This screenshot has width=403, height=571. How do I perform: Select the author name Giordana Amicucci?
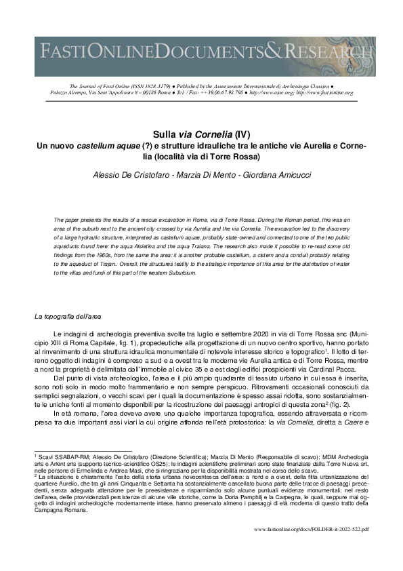tap(270, 175)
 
